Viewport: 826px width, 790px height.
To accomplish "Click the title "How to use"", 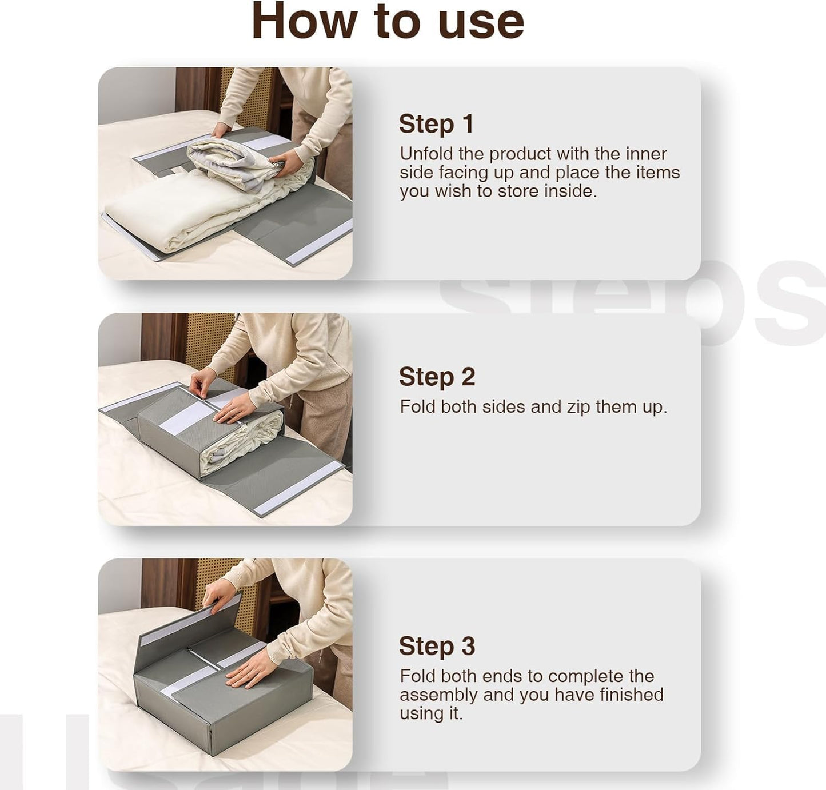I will (388, 22).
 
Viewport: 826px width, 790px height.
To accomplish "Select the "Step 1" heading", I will (436, 124).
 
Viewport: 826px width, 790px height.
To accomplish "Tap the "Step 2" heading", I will (437, 377).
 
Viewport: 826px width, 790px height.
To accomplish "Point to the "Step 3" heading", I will (437, 646).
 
